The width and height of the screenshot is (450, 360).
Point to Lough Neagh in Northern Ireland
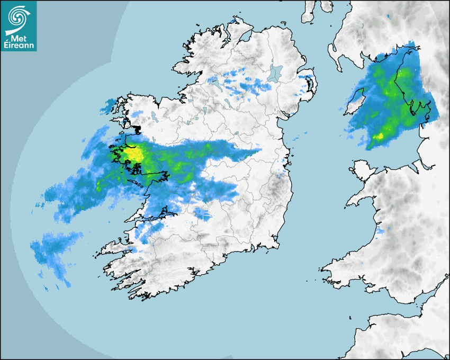[275, 73]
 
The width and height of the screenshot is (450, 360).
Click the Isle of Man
[355, 101]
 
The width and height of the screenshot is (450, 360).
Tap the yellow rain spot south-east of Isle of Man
[379, 137]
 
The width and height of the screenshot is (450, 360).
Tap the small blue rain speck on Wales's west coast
[380, 231]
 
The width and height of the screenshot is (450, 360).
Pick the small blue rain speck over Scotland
[387, 17]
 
